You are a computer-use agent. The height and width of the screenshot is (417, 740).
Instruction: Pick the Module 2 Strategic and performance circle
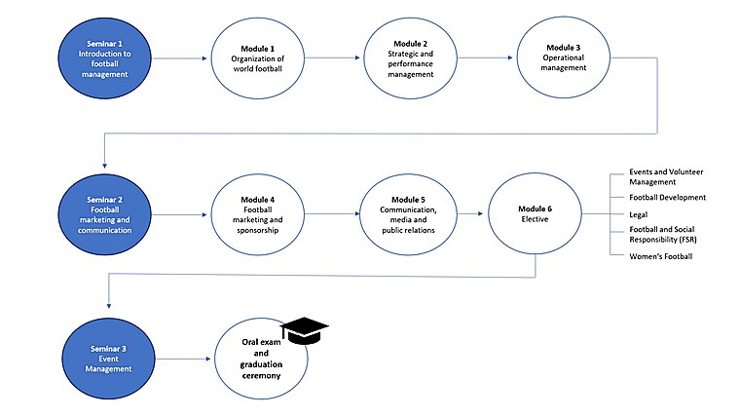(x=410, y=59)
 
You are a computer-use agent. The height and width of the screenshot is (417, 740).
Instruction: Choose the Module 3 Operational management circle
(x=561, y=59)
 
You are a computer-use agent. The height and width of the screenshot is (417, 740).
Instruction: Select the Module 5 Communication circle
(x=410, y=213)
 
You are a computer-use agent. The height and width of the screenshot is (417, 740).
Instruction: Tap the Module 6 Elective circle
(x=533, y=211)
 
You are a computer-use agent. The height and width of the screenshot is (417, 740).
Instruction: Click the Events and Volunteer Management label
(x=667, y=176)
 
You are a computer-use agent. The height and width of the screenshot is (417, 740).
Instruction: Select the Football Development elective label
(x=668, y=197)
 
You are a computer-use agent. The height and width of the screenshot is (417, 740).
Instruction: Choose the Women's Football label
(x=660, y=256)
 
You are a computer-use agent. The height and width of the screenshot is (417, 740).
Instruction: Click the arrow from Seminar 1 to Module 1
(x=180, y=59)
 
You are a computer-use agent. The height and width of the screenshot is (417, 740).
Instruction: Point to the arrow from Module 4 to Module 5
(x=333, y=212)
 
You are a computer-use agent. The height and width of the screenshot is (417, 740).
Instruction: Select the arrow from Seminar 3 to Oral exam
(x=180, y=360)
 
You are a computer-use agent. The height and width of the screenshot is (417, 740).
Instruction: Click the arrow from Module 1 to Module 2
(x=333, y=58)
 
